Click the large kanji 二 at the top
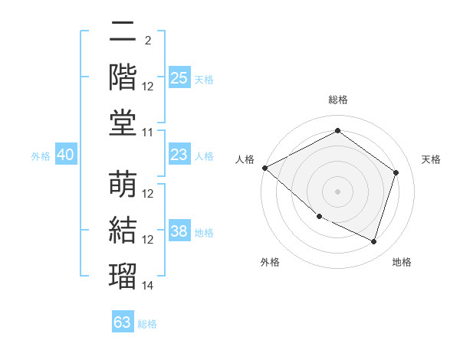tap(123, 31)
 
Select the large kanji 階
tap(123, 77)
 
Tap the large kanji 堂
tap(123, 123)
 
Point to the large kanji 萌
tap(123, 184)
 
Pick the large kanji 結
tap(123, 230)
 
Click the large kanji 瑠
tap(123, 276)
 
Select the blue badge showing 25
tap(179, 77)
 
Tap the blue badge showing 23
tap(179, 154)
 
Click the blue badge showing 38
tap(179, 230)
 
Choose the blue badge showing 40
tap(66, 154)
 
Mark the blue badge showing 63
tap(123, 321)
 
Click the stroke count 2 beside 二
tap(148, 41)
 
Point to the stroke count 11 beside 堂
tap(147, 133)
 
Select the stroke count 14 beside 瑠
tap(147, 286)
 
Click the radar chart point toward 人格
tap(265, 168)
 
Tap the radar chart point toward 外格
tap(320, 217)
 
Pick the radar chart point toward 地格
tap(374, 242)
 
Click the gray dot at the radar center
tap(337, 191)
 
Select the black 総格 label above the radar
tap(338, 100)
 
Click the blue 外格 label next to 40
tap(41, 156)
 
